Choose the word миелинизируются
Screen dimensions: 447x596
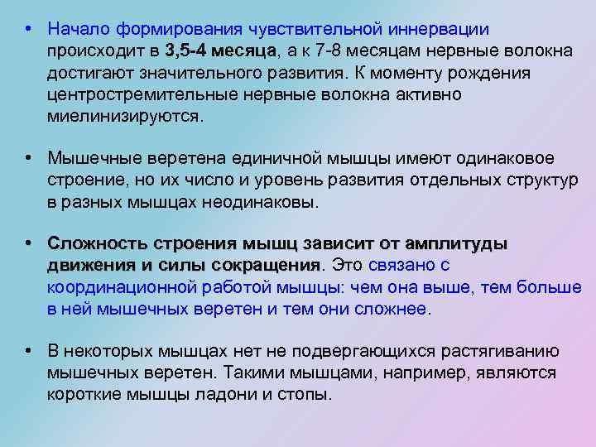[123, 116]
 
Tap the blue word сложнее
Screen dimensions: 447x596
[392, 309]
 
